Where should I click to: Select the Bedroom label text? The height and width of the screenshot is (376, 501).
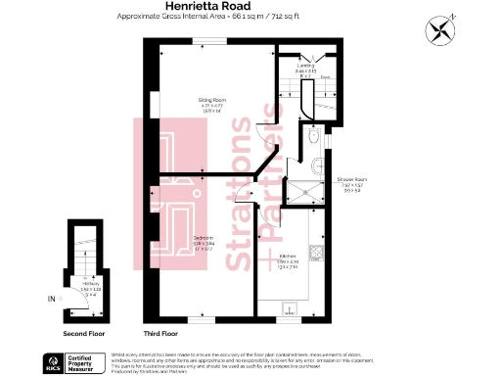point(204,239)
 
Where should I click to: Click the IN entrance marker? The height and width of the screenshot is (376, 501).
point(51,298)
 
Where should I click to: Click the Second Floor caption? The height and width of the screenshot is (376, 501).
point(84,334)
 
